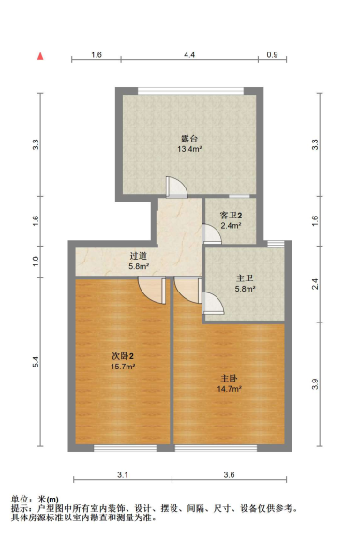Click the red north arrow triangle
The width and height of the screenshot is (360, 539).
[x=40, y=56]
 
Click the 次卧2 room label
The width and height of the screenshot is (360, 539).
[x=122, y=355]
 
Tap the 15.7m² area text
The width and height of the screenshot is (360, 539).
[x=122, y=367]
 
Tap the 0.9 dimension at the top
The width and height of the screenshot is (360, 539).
[x=272, y=56]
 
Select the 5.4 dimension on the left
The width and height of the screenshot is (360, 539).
[x=36, y=361]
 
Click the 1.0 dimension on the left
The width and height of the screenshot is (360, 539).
[x=36, y=260]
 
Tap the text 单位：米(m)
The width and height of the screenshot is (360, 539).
[x=36, y=499]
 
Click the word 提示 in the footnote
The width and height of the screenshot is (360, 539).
[x=21, y=508]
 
